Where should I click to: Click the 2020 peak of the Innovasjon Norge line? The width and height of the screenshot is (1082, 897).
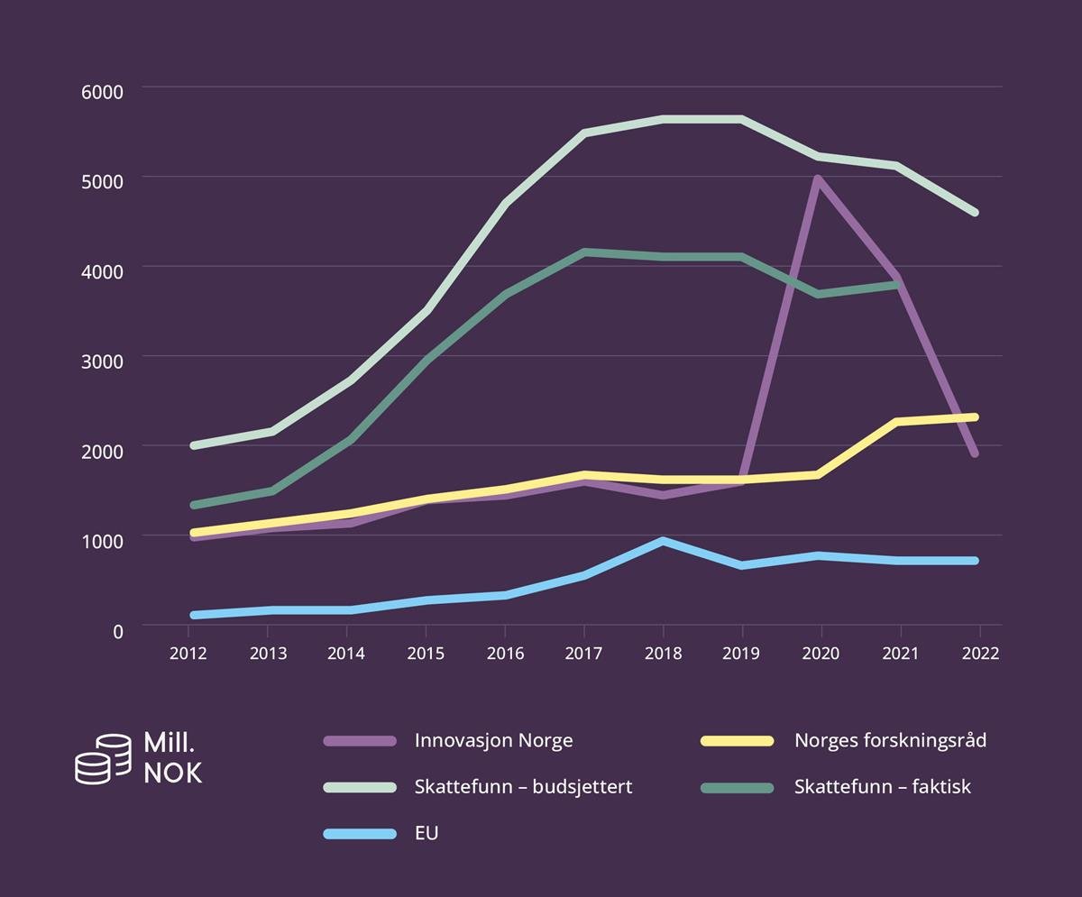[x=817, y=179]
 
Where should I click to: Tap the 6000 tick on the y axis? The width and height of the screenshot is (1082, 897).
[x=105, y=91]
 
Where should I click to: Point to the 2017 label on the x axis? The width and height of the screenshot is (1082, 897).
[x=583, y=654]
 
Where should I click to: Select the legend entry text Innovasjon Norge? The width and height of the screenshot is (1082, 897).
[x=493, y=741]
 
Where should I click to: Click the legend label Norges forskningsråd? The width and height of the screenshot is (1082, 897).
[x=890, y=741]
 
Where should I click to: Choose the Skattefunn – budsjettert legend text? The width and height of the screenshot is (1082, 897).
[x=523, y=787]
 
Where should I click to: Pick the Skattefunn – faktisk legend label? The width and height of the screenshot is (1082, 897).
[x=882, y=787]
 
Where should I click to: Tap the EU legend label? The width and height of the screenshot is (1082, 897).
[x=426, y=833]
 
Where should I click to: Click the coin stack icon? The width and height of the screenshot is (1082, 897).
[x=103, y=759]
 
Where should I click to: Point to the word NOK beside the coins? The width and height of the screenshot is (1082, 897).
[x=173, y=773]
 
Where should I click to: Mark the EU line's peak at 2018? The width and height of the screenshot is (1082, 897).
[x=663, y=541]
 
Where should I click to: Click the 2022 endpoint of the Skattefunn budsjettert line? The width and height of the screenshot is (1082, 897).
[x=975, y=213]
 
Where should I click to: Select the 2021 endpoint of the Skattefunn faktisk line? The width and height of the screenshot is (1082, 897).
[x=896, y=285]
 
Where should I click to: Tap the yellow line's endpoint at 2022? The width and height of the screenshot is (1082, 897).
[x=975, y=416]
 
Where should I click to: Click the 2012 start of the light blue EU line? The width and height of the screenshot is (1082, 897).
[x=195, y=615]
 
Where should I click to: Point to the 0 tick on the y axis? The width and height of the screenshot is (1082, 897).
[x=117, y=631]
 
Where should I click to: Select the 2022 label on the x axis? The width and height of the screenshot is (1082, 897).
[x=980, y=654]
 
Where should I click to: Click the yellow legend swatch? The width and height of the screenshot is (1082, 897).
[x=738, y=741]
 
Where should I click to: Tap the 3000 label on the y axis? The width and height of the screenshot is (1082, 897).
[x=105, y=360]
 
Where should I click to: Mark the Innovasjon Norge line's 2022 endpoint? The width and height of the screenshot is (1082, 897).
[x=975, y=453]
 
